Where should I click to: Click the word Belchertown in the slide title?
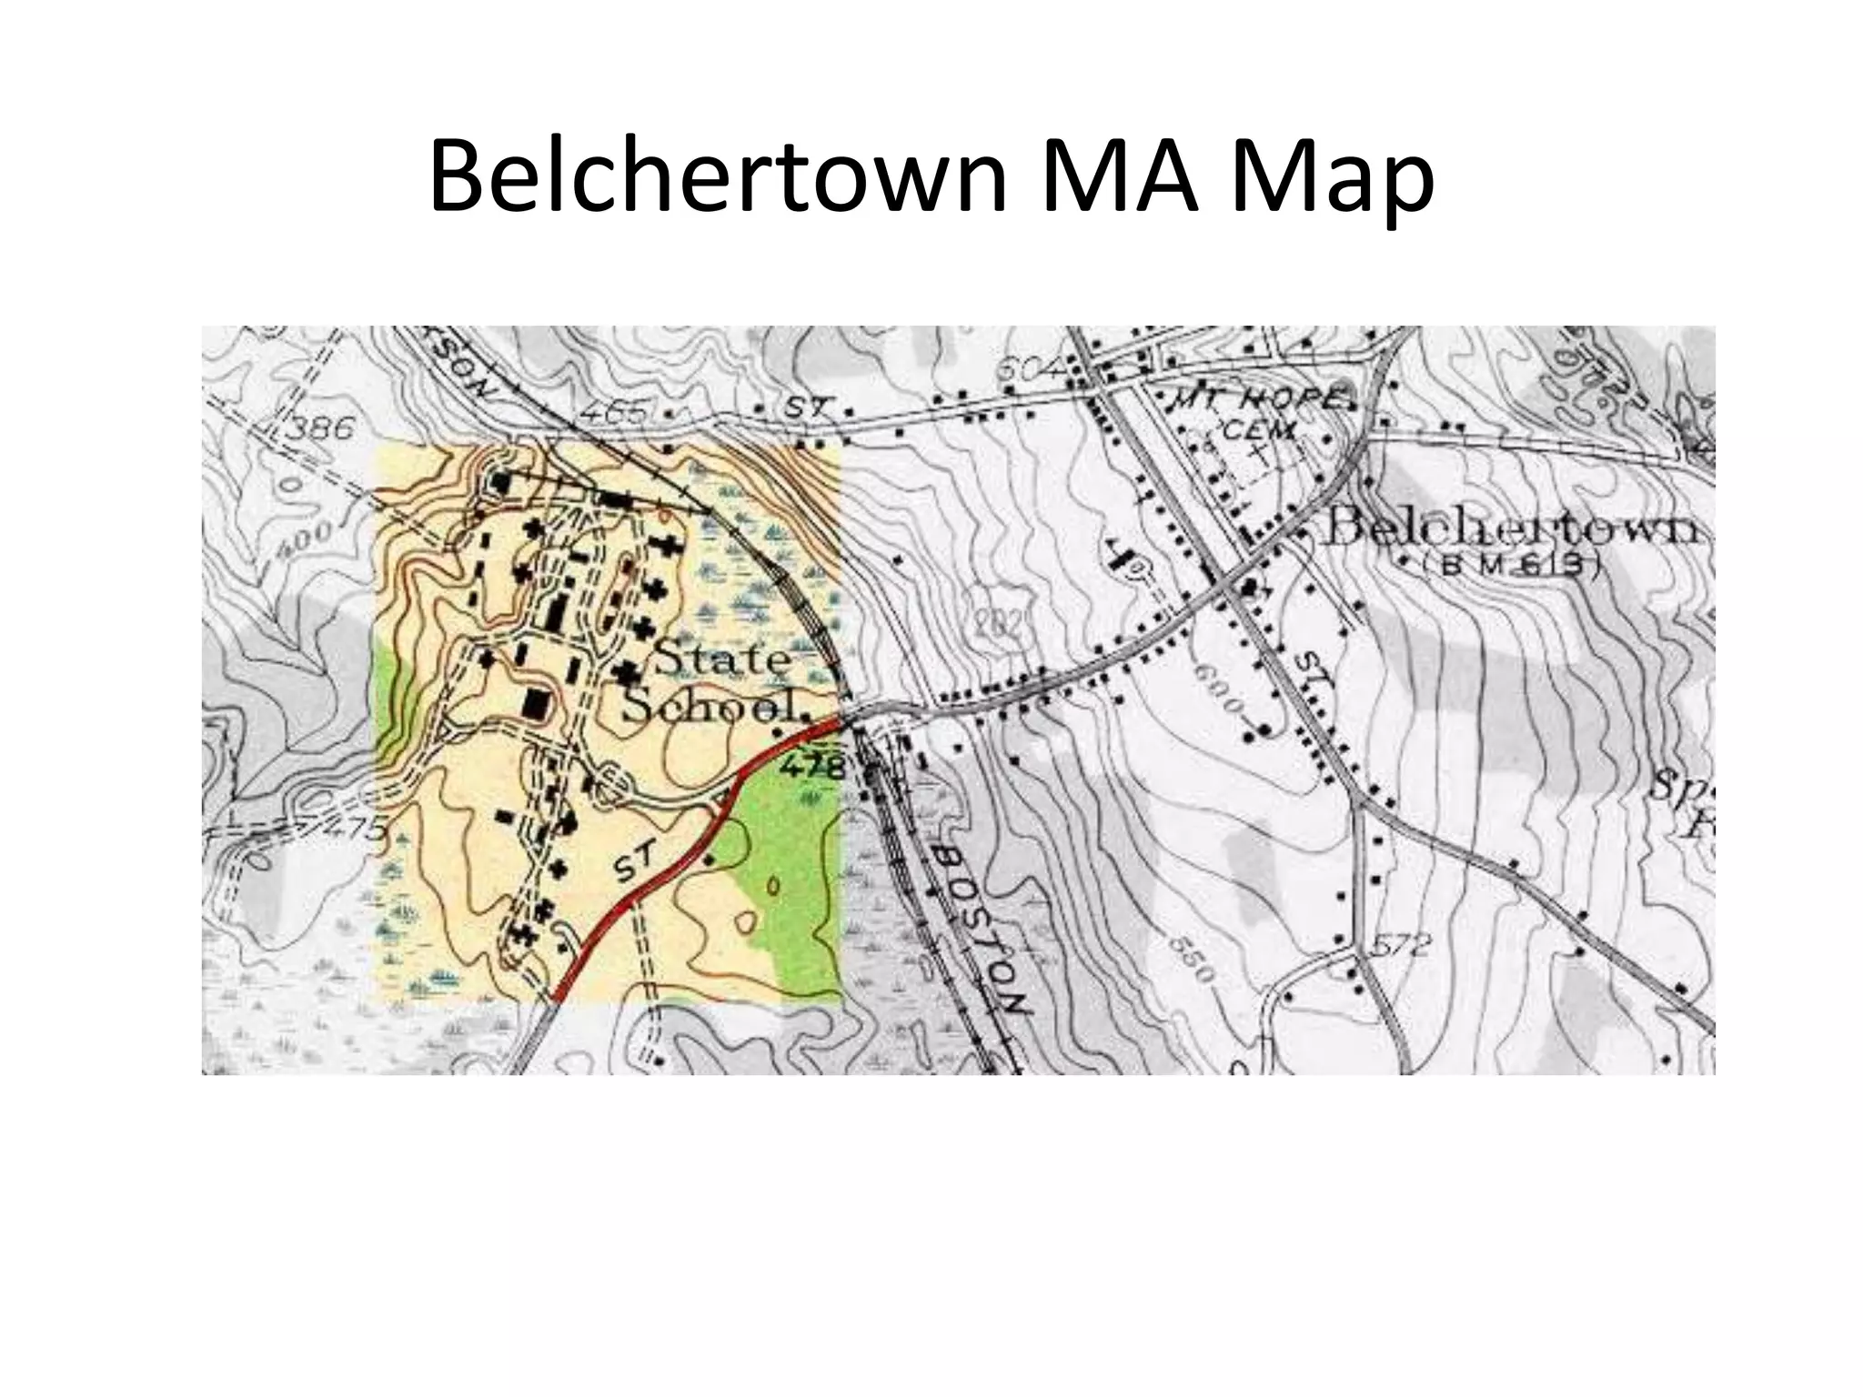click(717, 177)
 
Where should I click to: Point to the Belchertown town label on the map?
click(1510, 528)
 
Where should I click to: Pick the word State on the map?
click(720, 658)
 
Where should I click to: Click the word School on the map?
click(715, 706)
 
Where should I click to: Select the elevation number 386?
click(317, 427)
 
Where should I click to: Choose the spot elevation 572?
click(1401, 946)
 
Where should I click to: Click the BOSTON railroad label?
click(982, 928)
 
